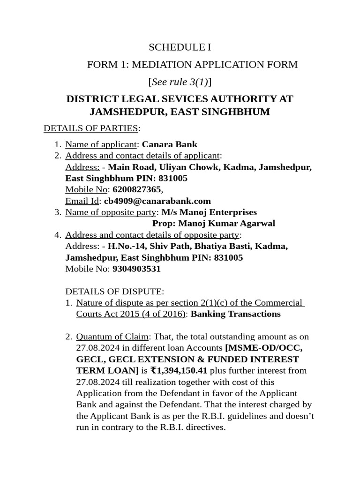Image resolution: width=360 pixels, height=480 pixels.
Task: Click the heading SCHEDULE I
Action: coord(180,47)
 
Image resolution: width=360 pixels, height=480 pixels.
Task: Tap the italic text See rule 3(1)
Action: coord(180,82)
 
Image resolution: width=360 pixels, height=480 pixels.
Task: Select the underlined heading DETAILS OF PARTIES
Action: coord(90,128)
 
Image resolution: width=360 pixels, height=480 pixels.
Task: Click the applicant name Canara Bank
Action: coord(170,144)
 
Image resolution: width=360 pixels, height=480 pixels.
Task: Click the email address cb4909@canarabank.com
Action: coord(157,201)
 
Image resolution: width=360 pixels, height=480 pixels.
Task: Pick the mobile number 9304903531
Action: coord(136,269)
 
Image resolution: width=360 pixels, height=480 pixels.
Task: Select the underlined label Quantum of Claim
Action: coord(112,337)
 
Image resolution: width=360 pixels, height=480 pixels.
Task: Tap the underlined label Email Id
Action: coord(82,201)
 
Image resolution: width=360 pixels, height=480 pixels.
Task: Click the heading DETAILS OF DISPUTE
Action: coord(115,292)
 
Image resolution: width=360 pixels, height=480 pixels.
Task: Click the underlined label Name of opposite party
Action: coord(111,212)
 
